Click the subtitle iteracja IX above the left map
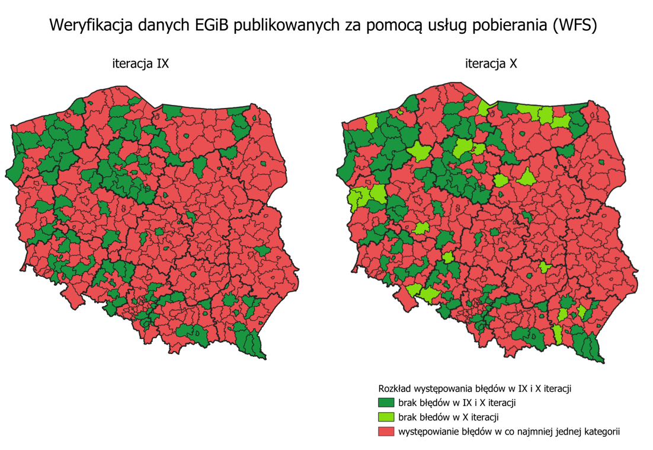click(x=140, y=64)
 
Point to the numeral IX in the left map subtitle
click(x=162, y=64)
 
